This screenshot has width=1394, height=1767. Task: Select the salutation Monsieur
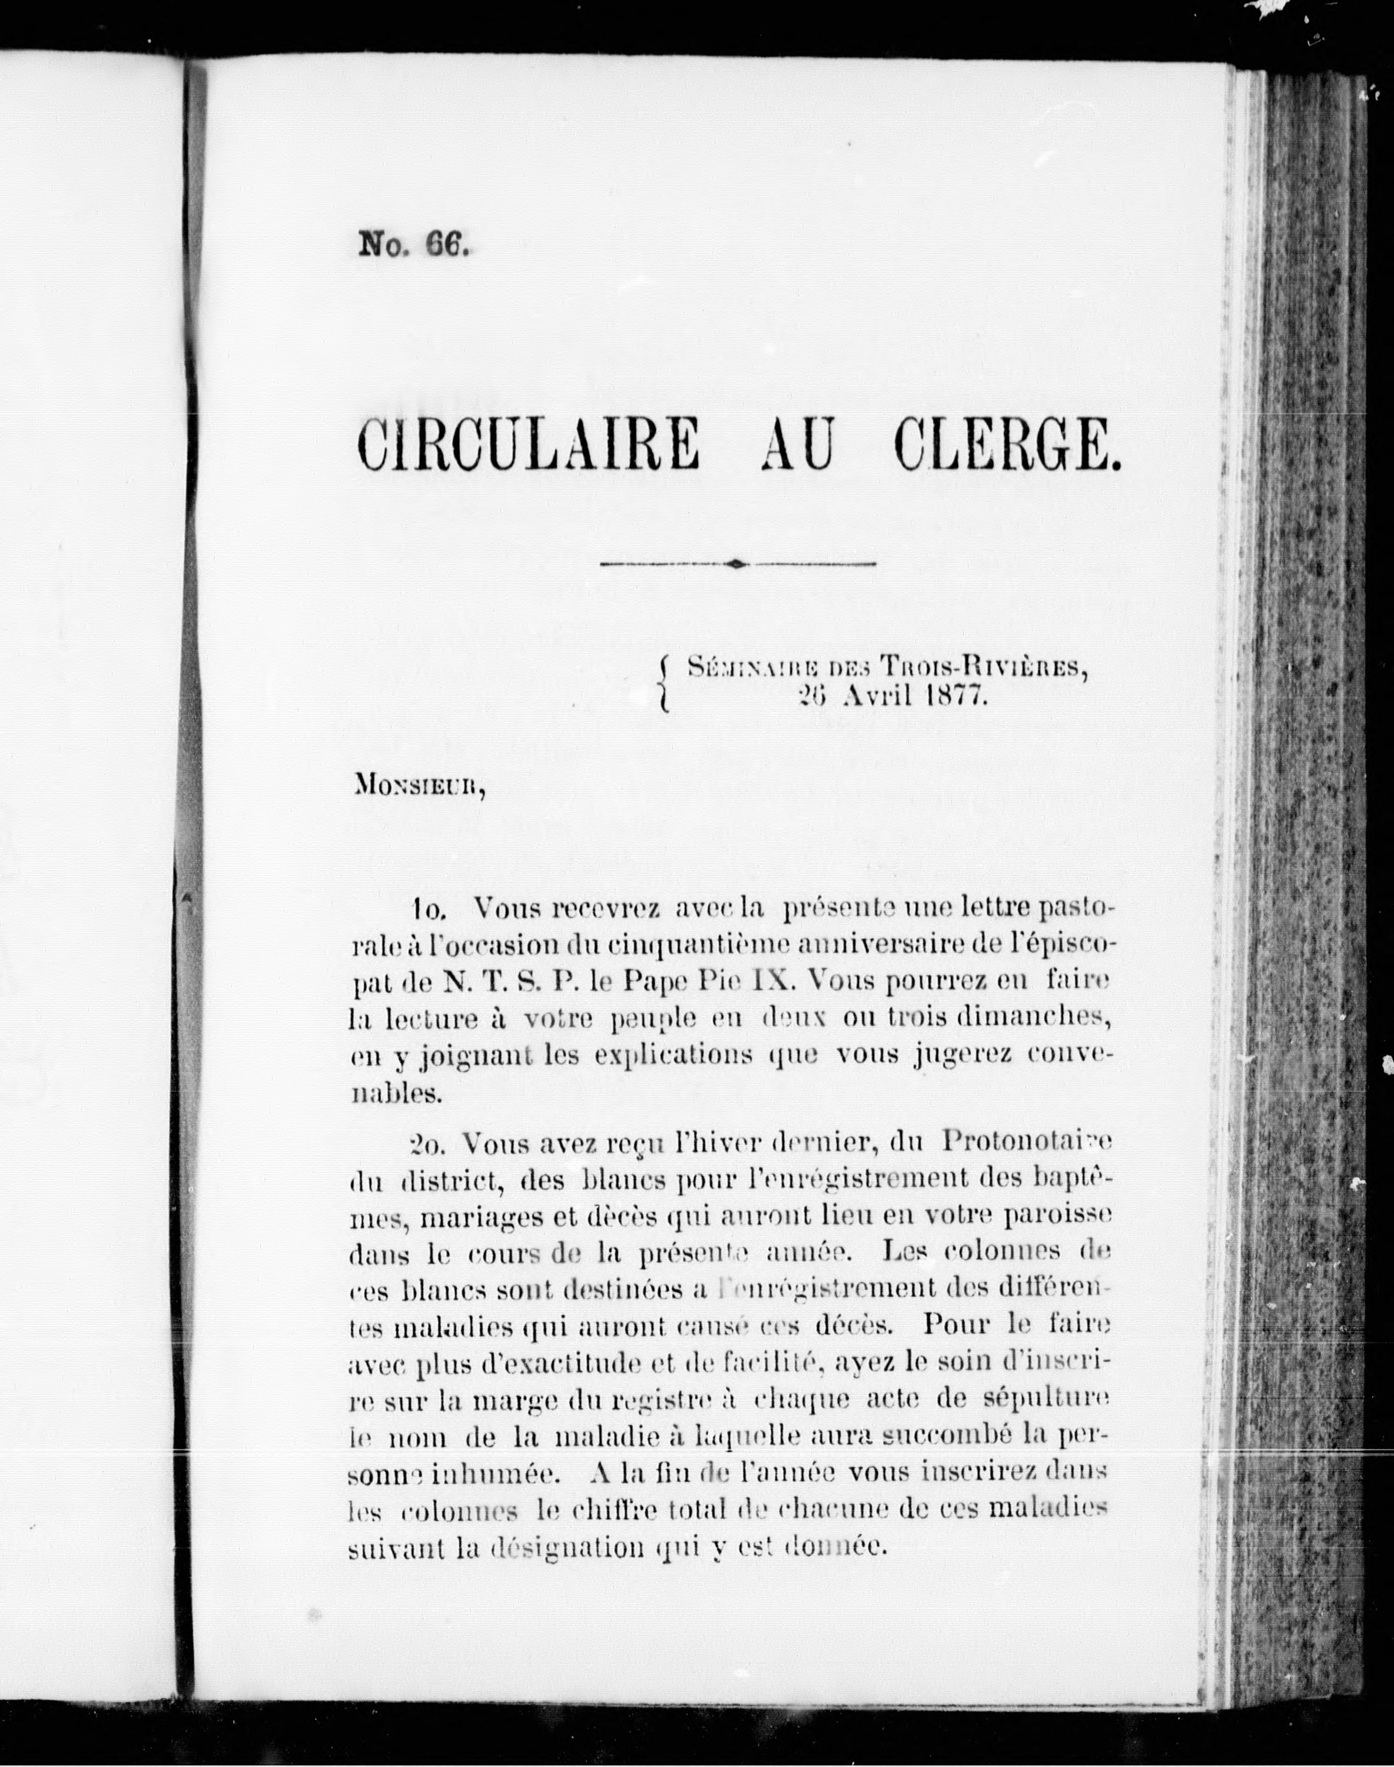(x=421, y=790)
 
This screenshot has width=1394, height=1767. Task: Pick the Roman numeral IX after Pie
(x=771, y=981)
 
